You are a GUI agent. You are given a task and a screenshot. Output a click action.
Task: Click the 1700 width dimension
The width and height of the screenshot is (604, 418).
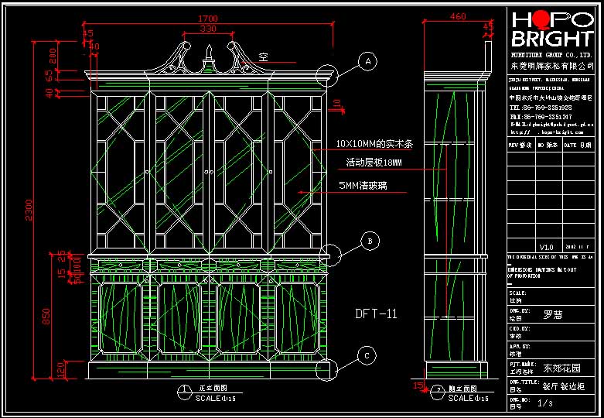pos(208,19)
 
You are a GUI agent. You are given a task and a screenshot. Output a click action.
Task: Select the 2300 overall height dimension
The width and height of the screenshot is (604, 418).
pos(29,209)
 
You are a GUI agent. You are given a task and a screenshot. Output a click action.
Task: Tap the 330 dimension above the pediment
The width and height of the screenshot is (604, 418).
pos(208,29)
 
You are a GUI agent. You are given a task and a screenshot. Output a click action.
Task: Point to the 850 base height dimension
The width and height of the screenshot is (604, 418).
pos(46,316)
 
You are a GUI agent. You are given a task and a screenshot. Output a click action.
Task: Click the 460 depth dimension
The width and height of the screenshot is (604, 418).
pos(458,16)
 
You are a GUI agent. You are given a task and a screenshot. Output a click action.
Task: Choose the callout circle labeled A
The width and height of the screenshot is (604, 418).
pos(369,61)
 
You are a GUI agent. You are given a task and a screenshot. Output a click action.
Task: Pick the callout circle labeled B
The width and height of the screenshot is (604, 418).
pos(371,242)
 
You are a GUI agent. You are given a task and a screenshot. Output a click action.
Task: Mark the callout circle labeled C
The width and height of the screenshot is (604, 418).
pos(369,356)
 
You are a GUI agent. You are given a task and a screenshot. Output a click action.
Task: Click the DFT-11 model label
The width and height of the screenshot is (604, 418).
pos(376,313)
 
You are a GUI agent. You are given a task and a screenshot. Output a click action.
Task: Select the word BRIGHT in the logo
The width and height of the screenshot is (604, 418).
pos(551,39)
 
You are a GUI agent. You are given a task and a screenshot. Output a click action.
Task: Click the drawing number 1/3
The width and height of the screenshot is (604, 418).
pos(545,403)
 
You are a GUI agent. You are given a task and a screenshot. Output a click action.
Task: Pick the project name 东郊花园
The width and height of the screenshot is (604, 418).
pos(561,368)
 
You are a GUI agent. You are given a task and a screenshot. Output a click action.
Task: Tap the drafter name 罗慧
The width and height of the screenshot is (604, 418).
pos(552,314)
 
